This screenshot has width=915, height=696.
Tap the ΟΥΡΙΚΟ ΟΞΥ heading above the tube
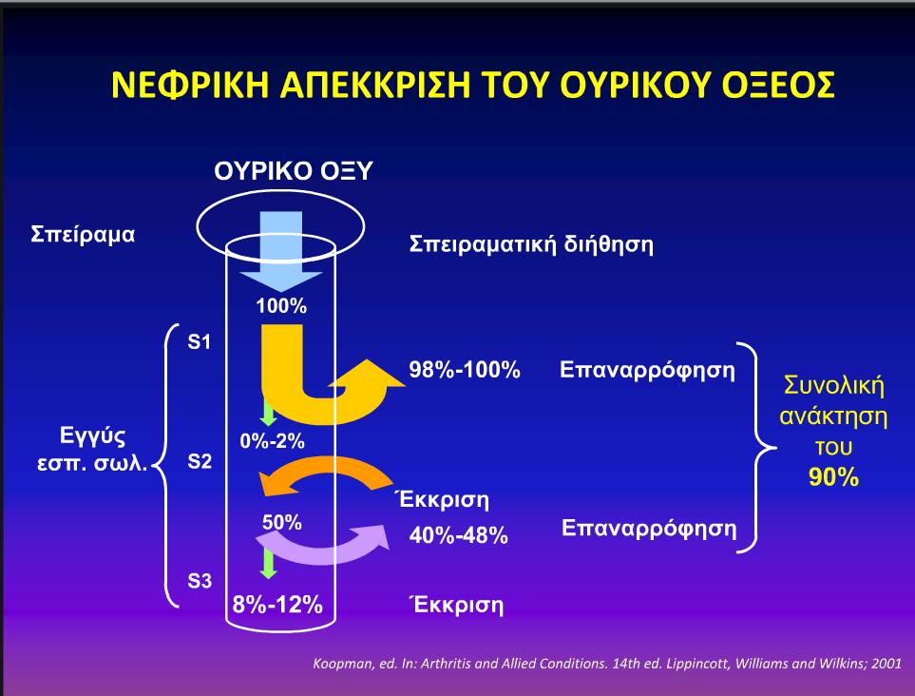click(293, 171)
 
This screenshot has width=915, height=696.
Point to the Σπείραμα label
click(83, 235)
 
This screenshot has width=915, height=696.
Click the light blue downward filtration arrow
click(281, 251)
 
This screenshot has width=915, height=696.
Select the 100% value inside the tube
click(281, 305)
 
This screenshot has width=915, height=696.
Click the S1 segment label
click(199, 341)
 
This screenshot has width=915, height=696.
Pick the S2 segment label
click(200, 461)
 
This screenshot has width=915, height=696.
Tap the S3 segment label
click(200, 581)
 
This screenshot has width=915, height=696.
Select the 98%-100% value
click(465, 370)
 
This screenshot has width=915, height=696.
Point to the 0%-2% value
click(272, 441)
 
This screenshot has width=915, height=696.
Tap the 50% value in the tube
click(282, 522)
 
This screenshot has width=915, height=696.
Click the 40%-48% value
click(459, 535)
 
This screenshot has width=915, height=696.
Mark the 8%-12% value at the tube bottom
click(277, 605)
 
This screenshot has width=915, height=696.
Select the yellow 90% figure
click(834, 477)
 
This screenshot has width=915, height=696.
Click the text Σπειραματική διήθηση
click(531, 244)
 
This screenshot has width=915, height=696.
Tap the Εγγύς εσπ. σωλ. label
click(92, 449)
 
